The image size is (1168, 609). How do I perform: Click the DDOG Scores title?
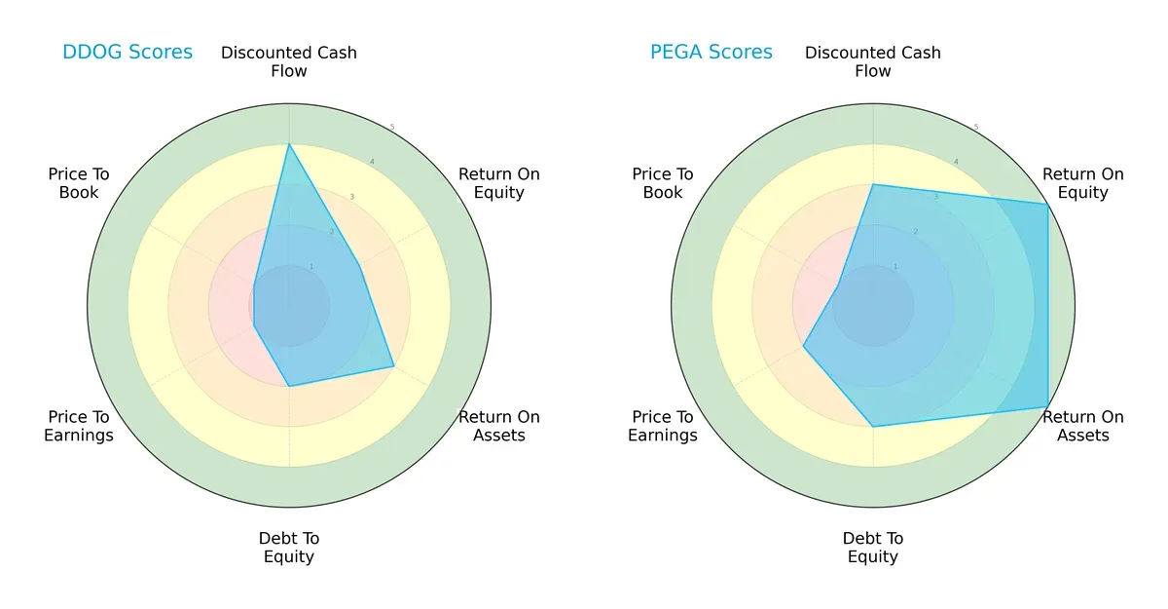point(128,53)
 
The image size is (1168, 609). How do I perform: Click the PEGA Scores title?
point(712,53)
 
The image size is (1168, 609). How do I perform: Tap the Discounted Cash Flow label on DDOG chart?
point(289,61)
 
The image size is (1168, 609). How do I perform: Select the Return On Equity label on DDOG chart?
point(498,183)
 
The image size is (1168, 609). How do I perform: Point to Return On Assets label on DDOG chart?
point(498,426)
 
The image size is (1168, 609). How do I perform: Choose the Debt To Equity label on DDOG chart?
point(289,548)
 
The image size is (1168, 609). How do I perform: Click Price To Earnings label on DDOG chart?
point(79,426)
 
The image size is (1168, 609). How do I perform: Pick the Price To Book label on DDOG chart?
point(79,183)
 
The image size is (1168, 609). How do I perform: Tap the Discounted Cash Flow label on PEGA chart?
point(873,61)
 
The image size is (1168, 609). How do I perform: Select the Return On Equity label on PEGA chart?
point(1082,183)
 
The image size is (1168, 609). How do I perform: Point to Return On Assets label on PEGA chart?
point(1082,426)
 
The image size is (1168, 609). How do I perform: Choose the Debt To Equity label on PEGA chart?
point(873,548)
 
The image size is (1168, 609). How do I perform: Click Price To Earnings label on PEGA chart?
point(663,426)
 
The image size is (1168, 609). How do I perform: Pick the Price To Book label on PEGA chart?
point(663,183)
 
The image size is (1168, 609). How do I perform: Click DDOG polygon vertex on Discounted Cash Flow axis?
point(289,144)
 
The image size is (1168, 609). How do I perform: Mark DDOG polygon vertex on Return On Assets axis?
point(393,366)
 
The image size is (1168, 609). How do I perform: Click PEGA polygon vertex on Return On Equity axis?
point(1047,204)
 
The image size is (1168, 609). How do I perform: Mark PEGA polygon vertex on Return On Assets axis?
point(1047,406)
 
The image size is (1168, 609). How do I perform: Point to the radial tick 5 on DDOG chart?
point(391,128)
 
